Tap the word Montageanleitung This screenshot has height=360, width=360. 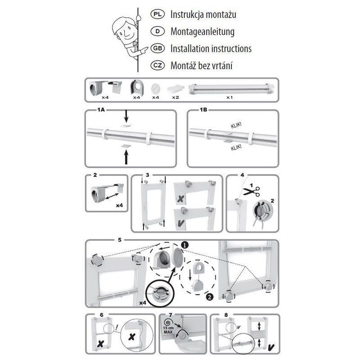point(202,31)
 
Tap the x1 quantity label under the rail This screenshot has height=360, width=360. point(229,97)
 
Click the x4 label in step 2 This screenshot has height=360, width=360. point(120,205)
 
